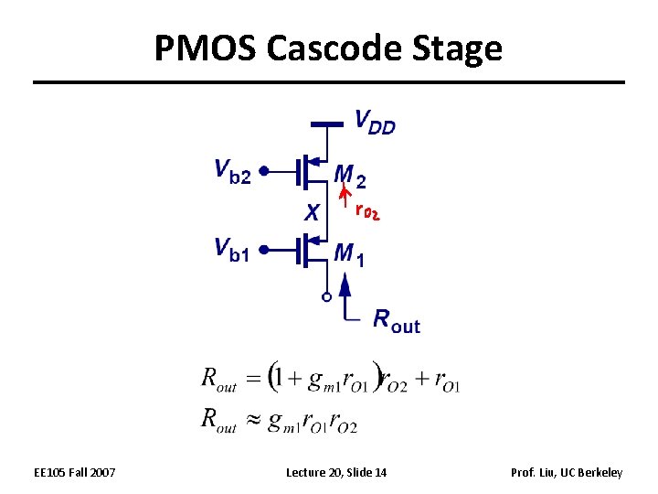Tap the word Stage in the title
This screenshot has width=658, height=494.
point(464,48)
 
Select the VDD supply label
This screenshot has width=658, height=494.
point(375,122)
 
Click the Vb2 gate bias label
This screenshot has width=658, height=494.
point(232,171)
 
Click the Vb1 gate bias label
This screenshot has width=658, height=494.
point(231,249)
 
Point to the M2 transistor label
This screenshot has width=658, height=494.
point(350,174)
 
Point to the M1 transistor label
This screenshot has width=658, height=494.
point(350,252)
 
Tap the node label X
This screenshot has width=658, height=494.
point(312,212)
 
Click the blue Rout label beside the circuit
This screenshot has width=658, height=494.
point(397,320)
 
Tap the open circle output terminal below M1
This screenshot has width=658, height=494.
point(325,296)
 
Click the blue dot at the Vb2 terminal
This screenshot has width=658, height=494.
point(262,170)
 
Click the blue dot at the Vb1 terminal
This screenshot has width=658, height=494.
point(262,248)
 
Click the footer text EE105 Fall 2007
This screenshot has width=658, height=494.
point(75,472)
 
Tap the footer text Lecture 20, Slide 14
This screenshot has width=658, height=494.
point(336,472)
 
